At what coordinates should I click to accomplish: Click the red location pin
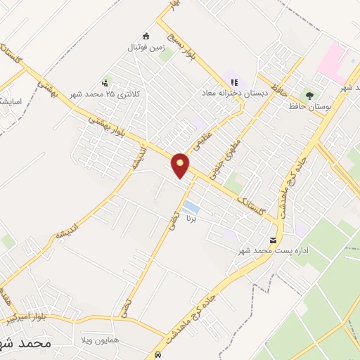point(181,165)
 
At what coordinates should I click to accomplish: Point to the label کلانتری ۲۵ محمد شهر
point(101,94)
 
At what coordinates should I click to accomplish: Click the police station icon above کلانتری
point(106,82)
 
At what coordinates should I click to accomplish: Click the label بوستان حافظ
point(309,106)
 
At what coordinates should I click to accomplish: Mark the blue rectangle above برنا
point(191,207)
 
